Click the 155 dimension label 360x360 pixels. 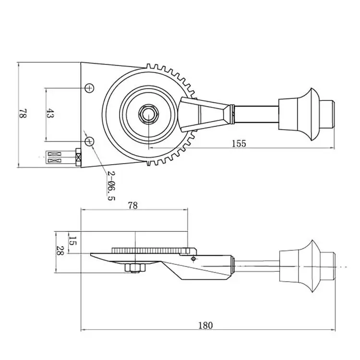(x=238, y=143)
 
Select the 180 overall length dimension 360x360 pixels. (x=205, y=325)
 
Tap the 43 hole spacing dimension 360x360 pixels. (x=49, y=114)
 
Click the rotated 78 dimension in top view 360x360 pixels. (x=22, y=114)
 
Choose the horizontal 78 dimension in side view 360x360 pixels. (x=133, y=205)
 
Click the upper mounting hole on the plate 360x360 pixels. (x=89, y=88)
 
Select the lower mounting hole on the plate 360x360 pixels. (x=89, y=141)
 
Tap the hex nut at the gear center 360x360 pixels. (x=149, y=114)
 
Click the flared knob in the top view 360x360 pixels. (x=300, y=114)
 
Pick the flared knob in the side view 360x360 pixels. (x=300, y=266)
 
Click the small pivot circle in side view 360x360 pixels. (x=193, y=259)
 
